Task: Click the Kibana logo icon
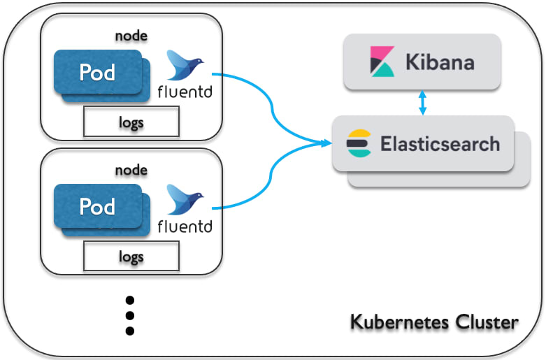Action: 382,62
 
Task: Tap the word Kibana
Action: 440,62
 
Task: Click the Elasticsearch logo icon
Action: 359,143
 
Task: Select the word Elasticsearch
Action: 440,144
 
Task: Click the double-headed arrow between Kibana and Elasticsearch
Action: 422,103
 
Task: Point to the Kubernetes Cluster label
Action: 434,322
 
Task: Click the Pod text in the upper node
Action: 97,73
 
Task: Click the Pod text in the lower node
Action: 97,206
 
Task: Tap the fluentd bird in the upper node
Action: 185,65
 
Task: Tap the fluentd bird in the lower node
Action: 185,199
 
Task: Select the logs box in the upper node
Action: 131,122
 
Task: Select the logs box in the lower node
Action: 131,256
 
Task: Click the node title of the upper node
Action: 131,36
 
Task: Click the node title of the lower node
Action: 131,171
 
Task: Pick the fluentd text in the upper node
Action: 185,92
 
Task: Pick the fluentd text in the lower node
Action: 185,226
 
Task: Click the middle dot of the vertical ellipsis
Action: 130,315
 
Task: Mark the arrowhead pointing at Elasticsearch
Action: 326,143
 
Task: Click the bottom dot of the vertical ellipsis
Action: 130,331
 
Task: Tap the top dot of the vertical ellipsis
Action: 130,300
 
